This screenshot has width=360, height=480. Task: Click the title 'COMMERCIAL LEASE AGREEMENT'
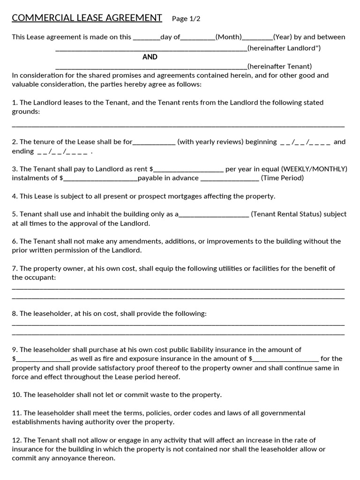(x=87, y=18)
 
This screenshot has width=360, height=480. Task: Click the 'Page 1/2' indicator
(x=186, y=19)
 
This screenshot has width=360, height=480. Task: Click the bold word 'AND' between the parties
(x=150, y=57)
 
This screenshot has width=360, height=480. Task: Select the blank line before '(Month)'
(x=197, y=37)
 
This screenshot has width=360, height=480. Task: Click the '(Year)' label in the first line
(x=283, y=37)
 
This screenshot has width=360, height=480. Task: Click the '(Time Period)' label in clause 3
(x=282, y=178)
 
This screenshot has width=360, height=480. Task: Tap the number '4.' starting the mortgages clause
(x=15, y=196)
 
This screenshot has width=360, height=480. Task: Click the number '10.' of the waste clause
(x=16, y=395)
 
